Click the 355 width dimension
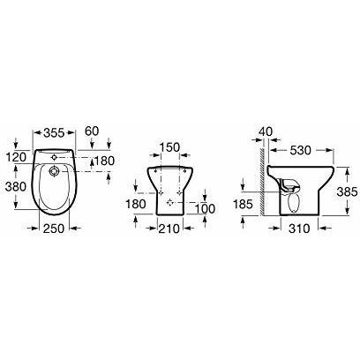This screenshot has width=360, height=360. [54, 133]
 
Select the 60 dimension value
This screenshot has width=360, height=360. [92, 131]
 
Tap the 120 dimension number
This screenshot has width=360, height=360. [16, 158]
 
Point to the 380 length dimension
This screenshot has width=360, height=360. [16, 186]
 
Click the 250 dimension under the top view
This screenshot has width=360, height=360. [54, 229]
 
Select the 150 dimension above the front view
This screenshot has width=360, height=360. [169, 147]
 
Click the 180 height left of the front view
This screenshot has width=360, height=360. [136, 204]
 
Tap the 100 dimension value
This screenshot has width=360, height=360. [206, 209]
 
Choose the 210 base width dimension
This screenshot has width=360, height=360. [169, 229]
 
